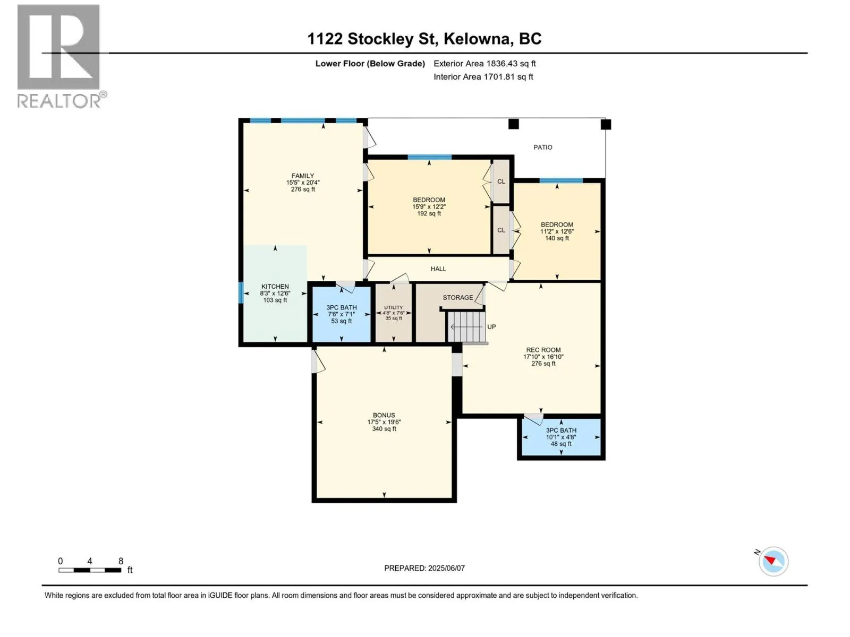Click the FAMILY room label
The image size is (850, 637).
coord(303,176)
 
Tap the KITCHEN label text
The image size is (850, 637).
coord(275,287)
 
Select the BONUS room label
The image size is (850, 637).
coord(384,416)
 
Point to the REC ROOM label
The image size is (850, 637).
coord(543,350)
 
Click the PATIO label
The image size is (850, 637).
coord(543,148)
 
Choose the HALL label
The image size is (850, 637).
coord(438,269)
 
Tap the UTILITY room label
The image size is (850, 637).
coord(394,307)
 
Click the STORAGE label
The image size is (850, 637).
coord(458,297)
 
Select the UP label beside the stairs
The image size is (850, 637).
coord(491,327)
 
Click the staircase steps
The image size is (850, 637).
coord(466,327)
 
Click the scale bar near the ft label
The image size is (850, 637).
coord(90,570)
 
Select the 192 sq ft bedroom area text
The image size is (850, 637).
coord(429,213)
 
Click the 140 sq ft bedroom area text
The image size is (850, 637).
coord(557,238)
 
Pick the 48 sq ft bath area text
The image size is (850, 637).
coord(561,444)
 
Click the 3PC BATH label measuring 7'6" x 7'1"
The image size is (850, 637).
coord(342,307)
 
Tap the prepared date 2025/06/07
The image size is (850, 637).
coord(446,568)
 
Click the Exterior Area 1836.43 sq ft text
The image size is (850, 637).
coord(484,64)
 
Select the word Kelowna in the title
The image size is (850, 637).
coord(477,39)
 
